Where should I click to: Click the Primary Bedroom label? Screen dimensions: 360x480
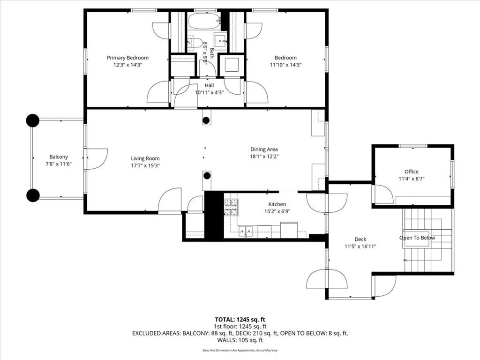pos(127,58)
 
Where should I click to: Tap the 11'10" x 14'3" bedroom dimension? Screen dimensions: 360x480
pos(285,65)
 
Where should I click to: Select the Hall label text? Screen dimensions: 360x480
pos(209,85)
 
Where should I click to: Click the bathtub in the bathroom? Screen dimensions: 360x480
pos(204,21)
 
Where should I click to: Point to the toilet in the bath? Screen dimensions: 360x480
pos(196,44)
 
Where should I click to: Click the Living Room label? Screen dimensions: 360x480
pos(145,158)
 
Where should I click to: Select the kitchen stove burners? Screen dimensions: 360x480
pos(231,207)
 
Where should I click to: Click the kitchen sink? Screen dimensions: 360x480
pos(245,231)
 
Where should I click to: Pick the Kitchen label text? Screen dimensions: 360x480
pos(277,204)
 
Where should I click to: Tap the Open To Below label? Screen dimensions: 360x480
pos(417,238)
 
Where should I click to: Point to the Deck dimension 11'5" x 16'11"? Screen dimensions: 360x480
pos(360,246)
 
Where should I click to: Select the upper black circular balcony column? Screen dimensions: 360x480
pos(32,120)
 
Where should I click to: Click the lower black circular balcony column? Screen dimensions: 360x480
pos(33,195)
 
